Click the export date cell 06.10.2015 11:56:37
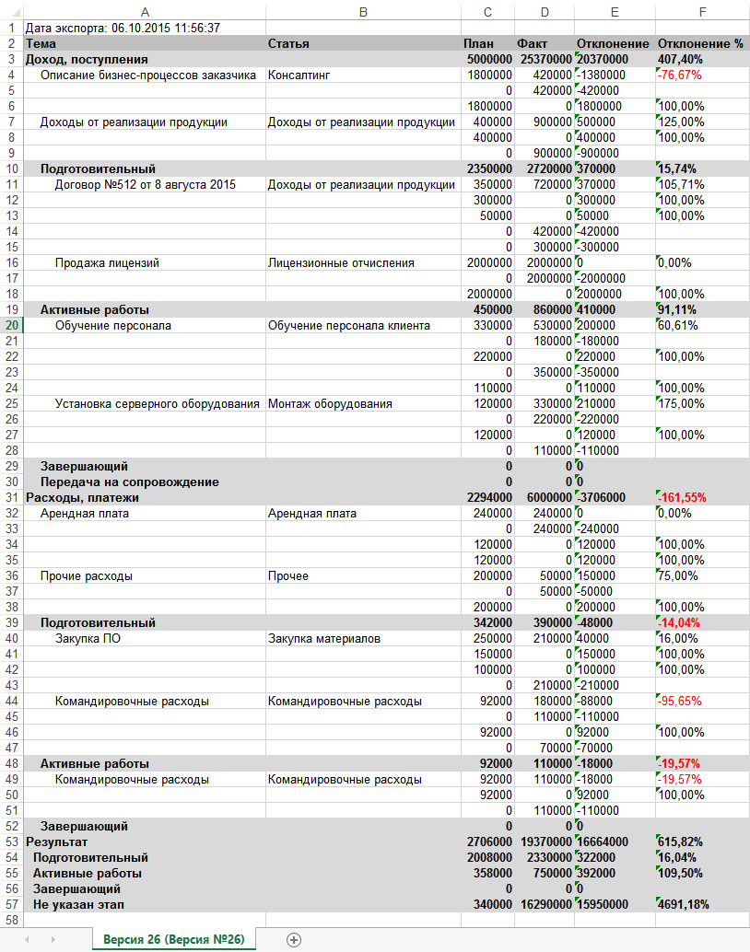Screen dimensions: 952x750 pyautogui.click(x=122, y=29)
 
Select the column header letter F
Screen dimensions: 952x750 pyautogui.click(x=702, y=11)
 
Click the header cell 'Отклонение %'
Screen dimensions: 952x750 pyautogui.click(x=699, y=43)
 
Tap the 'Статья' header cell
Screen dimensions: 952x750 pyautogui.click(x=288, y=43)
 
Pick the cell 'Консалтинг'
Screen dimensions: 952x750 pyautogui.click(x=299, y=75)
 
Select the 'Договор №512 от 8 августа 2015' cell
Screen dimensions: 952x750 pyautogui.click(x=146, y=184)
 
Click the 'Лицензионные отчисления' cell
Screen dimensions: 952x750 pyautogui.click(x=341, y=262)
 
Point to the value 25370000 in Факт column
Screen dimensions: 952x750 pyautogui.click(x=544, y=59)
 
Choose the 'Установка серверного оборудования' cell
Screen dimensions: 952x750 pyautogui.click(x=157, y=403)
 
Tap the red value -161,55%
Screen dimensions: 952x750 pyautogui.click(x=683, y=497)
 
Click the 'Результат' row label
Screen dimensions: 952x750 pyautogui.click(x=56, y=842)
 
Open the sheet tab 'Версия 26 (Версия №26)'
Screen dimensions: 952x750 pyautogui.click(x=173, y=939)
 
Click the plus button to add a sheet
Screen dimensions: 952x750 pyautogui.click(x=294, y=939)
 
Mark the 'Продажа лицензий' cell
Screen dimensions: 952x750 pyautogui.click(x=107, y=262)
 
